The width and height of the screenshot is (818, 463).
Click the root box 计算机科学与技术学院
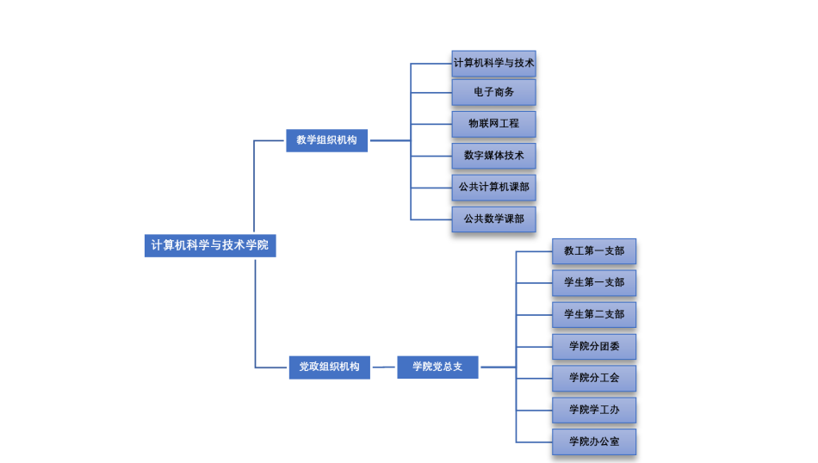pyautogui.click(x=210, y=245)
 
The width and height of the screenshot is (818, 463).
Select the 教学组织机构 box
pyautogui.click(x=326, y=139)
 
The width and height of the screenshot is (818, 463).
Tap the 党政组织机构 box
pyautogui.click(x=329, y=367)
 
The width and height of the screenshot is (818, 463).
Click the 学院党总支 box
pyautogui.click(x=437, y=367)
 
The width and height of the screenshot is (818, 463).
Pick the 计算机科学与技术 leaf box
pyautogui.click(x=493, y=63)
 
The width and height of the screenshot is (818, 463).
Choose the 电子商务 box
pyautogui.click(x=493, y=92)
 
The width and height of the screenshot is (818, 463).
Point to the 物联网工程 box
pyautogui.click(x=493, y=124)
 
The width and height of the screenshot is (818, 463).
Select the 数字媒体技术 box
pyautogui.click(x=493, y=156)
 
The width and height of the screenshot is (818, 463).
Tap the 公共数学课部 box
pyautogui.click(x=493, y=219)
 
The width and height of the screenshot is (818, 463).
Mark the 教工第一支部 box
pyautogui.click(x=594, y=251)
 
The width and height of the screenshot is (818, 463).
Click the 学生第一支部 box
pyautogui.click(x=594, y=282)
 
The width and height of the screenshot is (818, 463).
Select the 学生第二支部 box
pyautogui.click(x=594, y=314)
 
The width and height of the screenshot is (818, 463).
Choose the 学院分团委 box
pyautogui.click(x=594, y=346)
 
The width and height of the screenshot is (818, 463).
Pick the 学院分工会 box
pyautogui.click(x=594, y=378)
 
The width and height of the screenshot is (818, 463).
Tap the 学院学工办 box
pyautogui.click(x=594, y=410)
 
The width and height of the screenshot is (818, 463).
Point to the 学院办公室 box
pyautogui.click(x=594, y=441)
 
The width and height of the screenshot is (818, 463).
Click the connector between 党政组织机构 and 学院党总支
pyautogui.click(x=384, y=367)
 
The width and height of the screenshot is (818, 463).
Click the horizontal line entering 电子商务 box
pyautogui.click(x=431, y=93)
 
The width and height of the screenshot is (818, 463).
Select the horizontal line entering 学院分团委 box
pyautogui.click(x=534, y=347)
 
